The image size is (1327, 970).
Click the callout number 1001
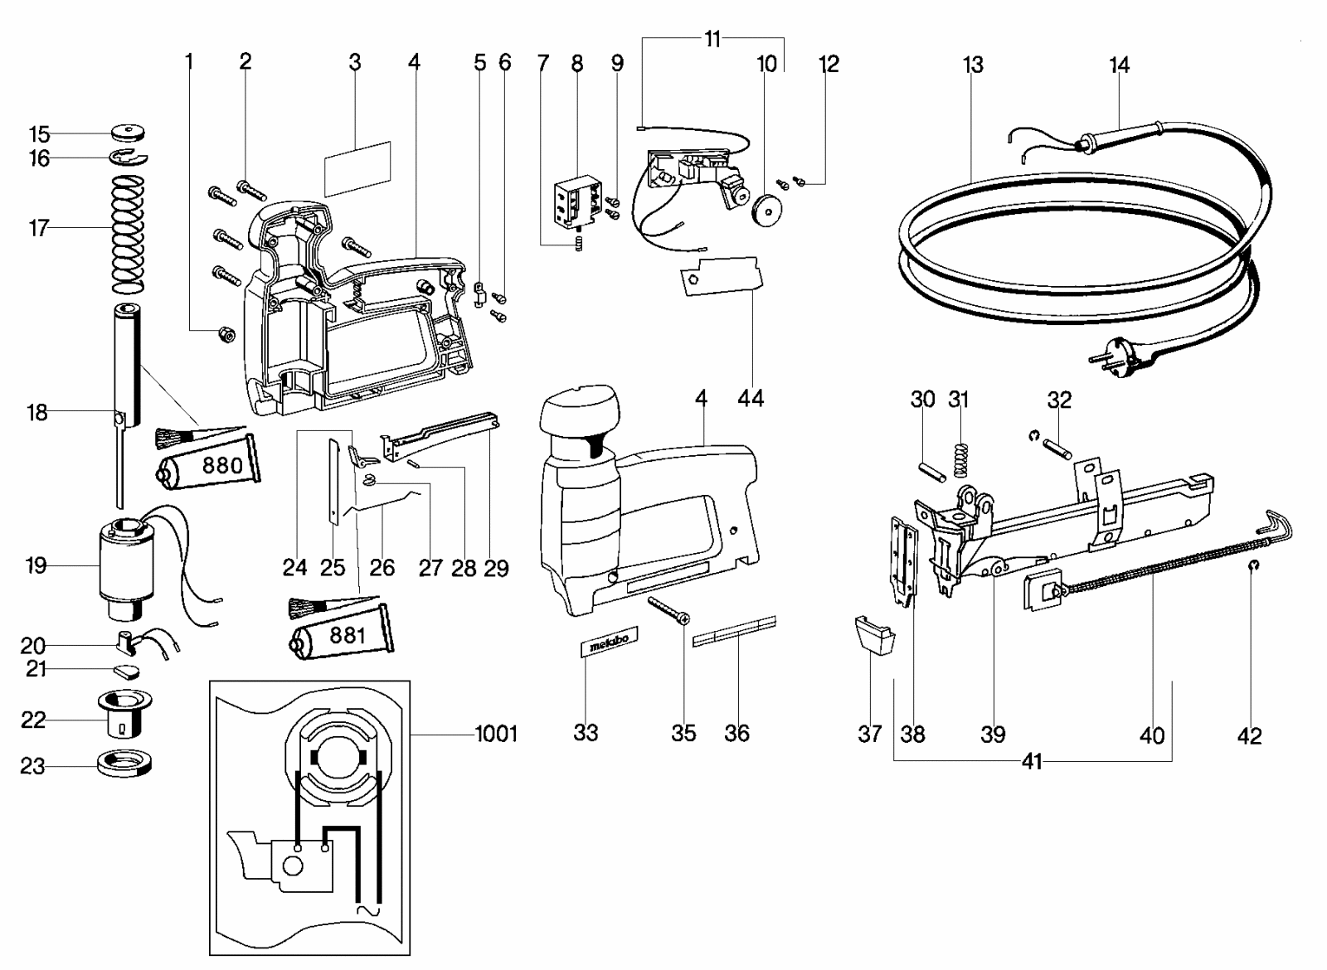pos(497,735)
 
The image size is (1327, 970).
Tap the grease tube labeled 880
pos(207,464)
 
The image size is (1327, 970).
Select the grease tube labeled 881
pos(341,634)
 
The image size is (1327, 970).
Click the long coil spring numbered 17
pos(128,235)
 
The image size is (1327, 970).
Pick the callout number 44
pos(751,398)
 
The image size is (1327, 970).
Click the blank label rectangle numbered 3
pos(357,169)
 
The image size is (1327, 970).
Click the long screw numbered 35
pos(668,610)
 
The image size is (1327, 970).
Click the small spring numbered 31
pos(961,460)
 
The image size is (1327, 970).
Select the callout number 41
pos(1032,762)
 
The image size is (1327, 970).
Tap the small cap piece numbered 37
pos(874,635)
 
